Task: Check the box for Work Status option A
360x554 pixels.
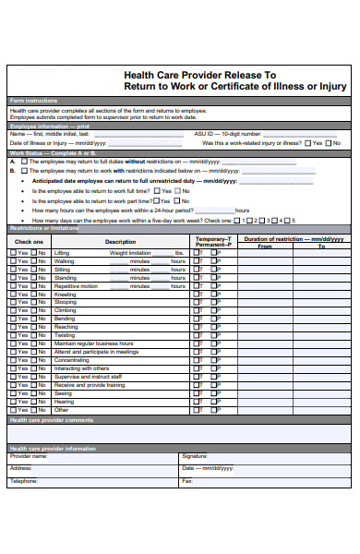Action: click(x=24, y=161)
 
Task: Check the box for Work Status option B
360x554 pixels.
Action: click(x=24, y=171)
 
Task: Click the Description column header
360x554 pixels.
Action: click(x=120, y=242)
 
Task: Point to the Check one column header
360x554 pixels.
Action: click(x=29, y=242)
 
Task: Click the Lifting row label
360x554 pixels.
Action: click(x=62, y=252)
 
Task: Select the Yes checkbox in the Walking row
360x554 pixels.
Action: click(x=13, y=261)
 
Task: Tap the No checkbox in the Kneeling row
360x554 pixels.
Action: click(x=32, y=294)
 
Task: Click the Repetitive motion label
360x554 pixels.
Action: click(x=76, y=285)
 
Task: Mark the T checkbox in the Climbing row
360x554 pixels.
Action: click(x=196, y=310)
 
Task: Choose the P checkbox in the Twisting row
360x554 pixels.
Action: click(x=213, y=335)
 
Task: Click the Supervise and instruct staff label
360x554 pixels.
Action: click(x=89, y=377)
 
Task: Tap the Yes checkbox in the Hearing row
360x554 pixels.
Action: click(x=13, y=402)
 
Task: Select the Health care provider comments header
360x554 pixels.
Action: click(x=52, y=420)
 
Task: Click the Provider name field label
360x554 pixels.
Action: click(x=29, y=456)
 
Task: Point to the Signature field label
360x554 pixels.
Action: click(x=195, y=456)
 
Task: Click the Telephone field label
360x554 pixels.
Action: click(x=25, y=481)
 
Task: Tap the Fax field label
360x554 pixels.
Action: click(x=187, y=481)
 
